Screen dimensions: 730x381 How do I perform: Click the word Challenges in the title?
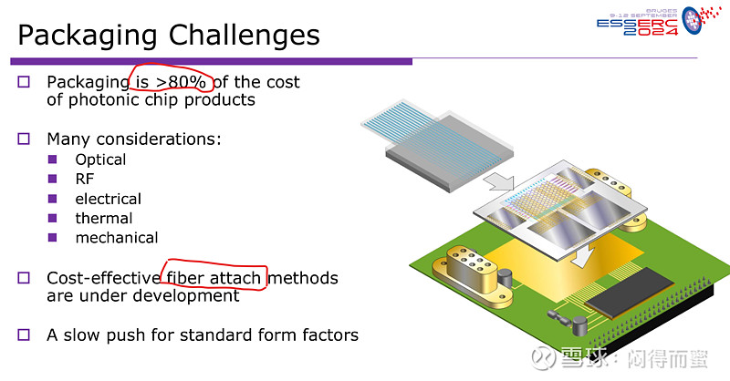[244, 36]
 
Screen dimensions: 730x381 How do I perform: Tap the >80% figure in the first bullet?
[181, 82]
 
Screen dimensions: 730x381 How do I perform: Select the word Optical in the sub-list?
[100, 160]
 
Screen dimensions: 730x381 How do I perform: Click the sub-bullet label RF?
[84, 179]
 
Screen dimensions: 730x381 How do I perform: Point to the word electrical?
[108, 199]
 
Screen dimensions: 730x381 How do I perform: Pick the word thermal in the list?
[104, 218]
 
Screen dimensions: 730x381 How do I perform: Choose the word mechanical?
[117, 238]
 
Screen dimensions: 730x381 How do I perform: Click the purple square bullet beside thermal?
[52, 218]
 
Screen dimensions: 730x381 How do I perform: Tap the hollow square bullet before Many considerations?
[24, 139]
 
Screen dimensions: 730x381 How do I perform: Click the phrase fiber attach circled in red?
[214, 278]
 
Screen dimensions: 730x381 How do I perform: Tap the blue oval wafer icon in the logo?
[692, 20]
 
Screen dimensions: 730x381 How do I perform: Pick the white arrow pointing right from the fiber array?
[498, 183]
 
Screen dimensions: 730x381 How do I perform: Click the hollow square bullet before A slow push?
[24, 335]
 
